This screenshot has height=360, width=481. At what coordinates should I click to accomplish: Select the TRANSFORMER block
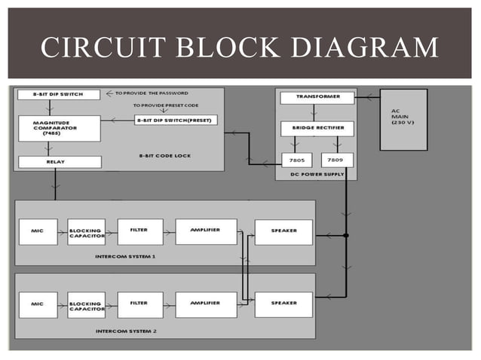[315, 98]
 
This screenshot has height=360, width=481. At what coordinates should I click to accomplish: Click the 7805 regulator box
[296, 160]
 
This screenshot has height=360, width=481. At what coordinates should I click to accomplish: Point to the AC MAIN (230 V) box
[403, 119]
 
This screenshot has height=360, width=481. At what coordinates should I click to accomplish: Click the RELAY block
[57, 162]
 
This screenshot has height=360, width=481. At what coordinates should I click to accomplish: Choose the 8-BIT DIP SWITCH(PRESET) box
[175, 121]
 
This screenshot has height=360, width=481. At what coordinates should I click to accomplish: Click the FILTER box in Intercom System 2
[139, 304]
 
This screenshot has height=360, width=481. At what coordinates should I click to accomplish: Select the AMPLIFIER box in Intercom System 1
[205, 231]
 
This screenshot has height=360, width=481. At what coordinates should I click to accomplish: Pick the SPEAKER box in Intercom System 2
[283, 304]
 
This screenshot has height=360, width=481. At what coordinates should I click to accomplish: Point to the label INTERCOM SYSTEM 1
[126, 256]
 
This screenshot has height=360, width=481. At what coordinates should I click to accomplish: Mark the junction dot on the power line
[346, 236]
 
